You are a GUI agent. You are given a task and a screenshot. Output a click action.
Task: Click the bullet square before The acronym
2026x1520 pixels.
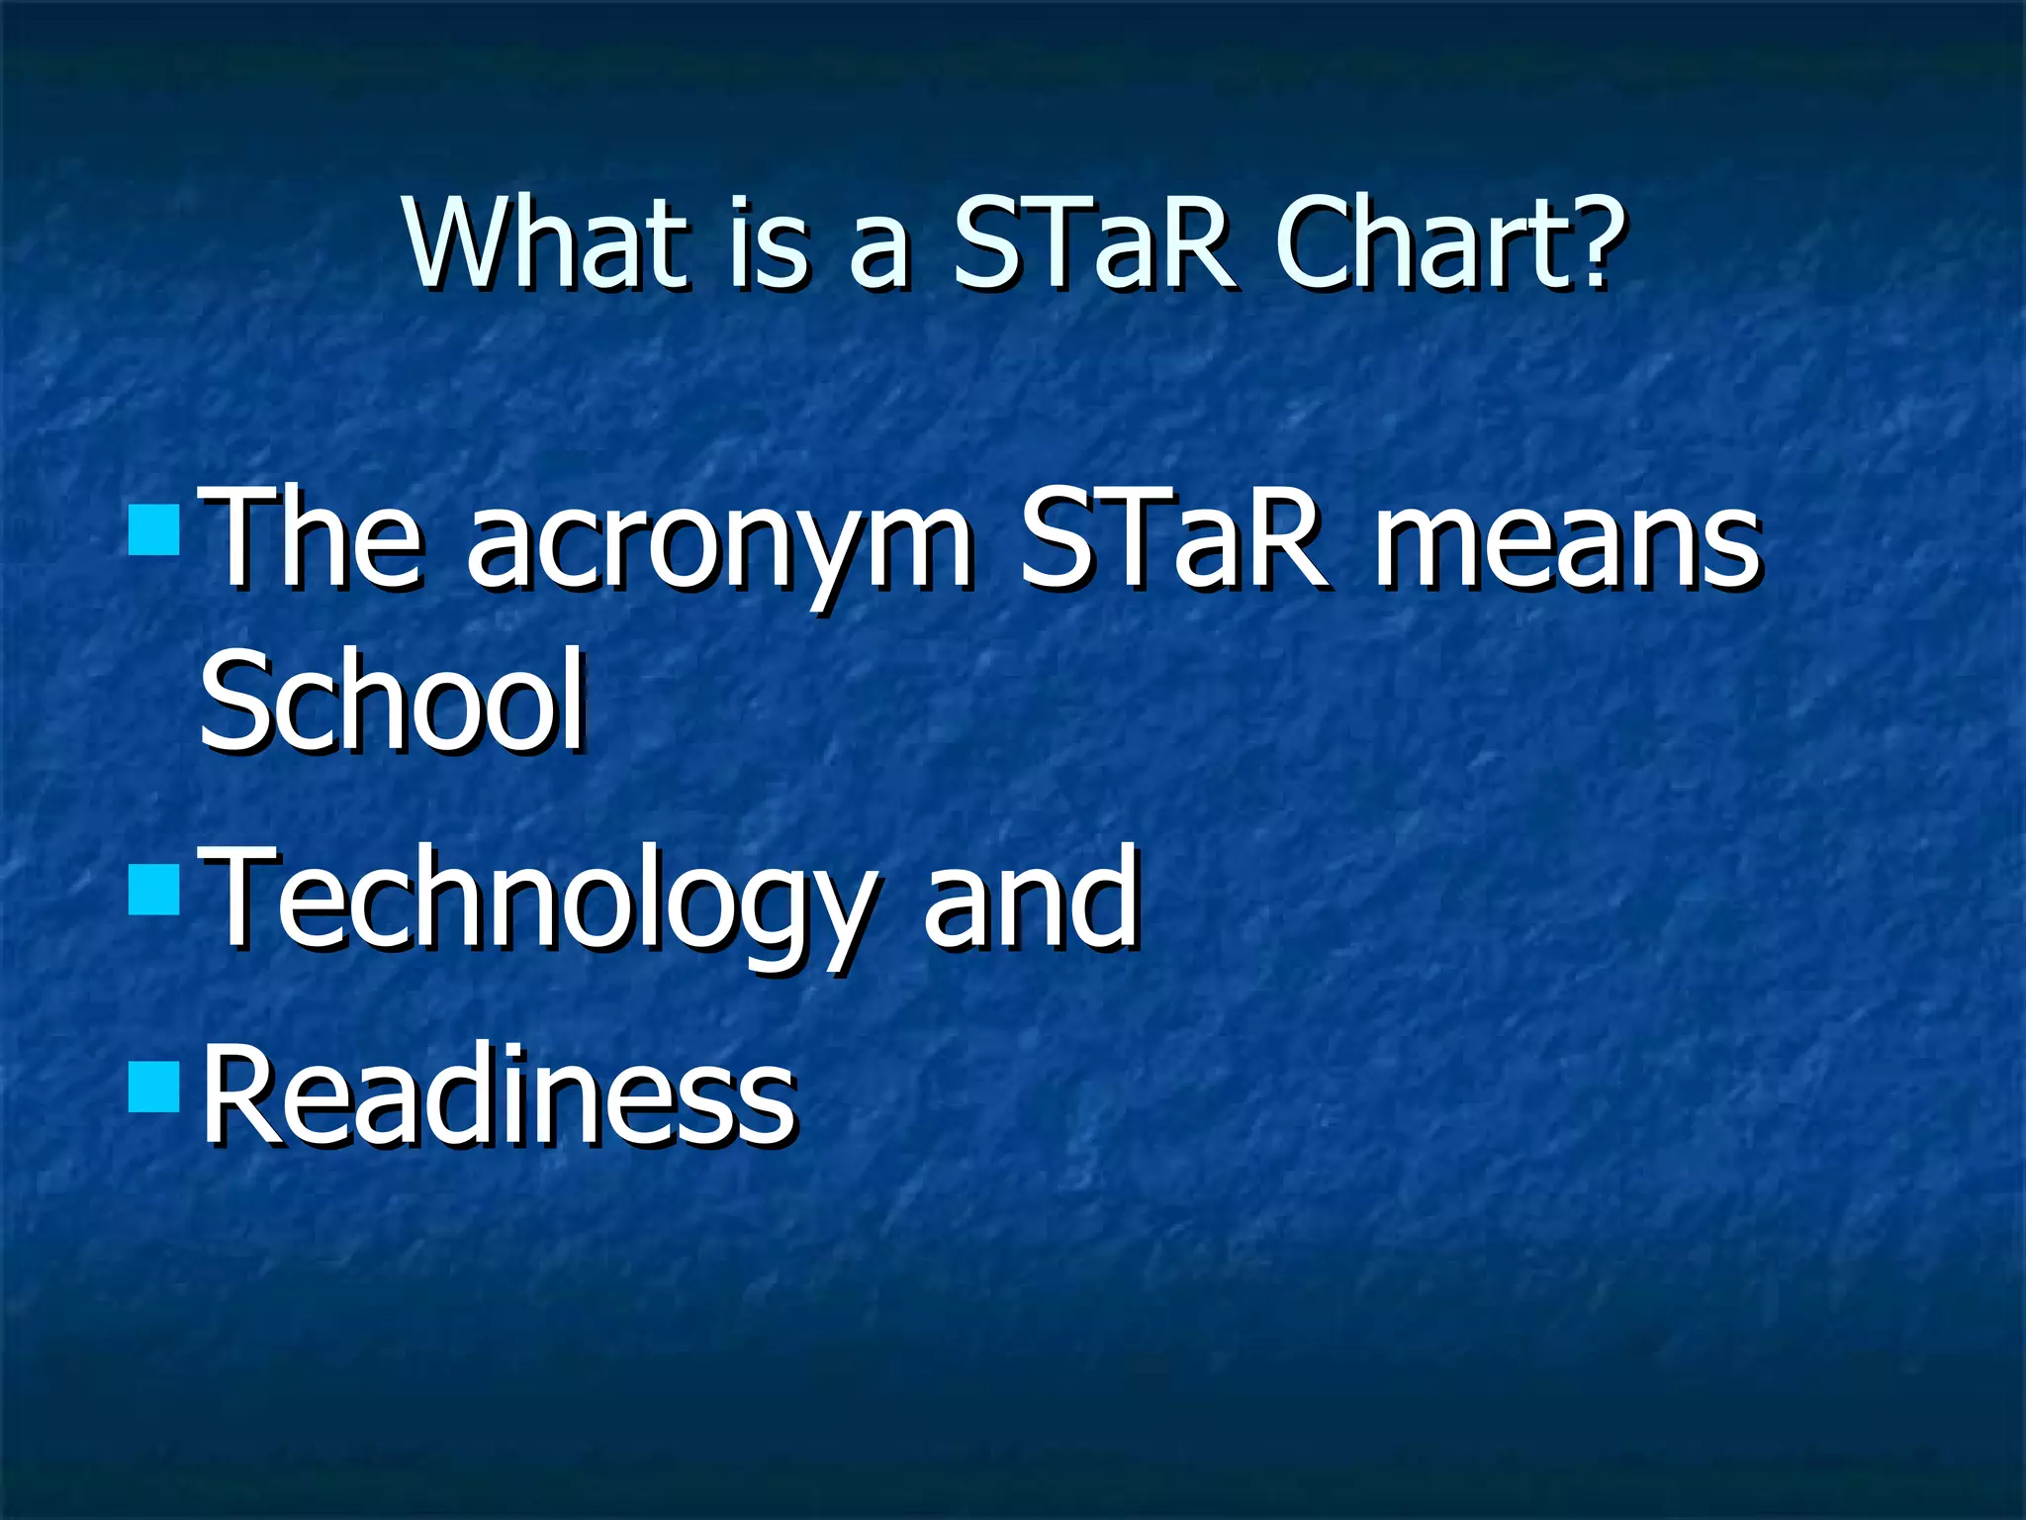(x=154, y=529)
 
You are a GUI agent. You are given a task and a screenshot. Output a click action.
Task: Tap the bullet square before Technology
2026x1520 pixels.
(x=154, y=889)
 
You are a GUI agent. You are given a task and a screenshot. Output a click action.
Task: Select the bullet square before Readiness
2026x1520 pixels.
(x=154, y=1087)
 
